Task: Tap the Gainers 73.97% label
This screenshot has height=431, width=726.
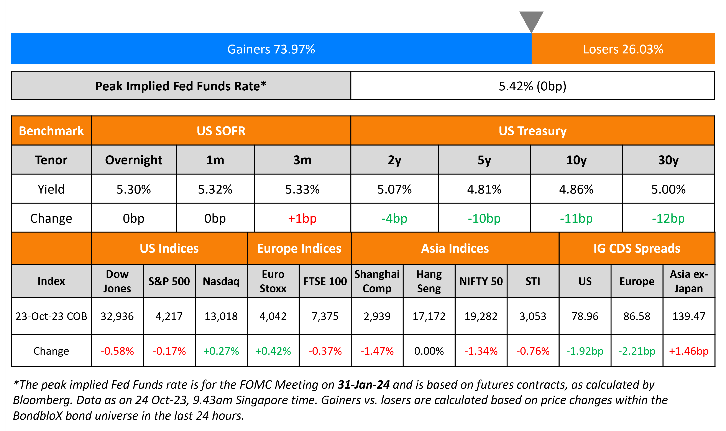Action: (x=271, y=49)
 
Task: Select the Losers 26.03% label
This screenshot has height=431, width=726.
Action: (x=623, y=49)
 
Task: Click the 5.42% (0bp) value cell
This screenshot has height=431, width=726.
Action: (x=532, y=86)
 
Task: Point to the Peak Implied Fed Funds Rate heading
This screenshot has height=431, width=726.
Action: (x=180, y=86)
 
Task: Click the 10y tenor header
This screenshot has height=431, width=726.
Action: (x=576, y=160)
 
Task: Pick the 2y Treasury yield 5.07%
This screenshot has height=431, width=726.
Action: (x=394, y=189)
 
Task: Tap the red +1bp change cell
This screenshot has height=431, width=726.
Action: (x=302, y=218)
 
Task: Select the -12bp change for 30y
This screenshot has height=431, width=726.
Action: (x=668, y=218)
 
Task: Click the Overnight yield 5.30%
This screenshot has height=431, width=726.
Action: (x=133, y=189)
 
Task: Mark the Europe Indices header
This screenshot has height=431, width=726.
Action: (x=299, y=249)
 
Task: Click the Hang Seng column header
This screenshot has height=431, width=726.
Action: (x=429, y=281)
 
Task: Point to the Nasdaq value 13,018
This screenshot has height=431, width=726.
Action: (x=221, y=316)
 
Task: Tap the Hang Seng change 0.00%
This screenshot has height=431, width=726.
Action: (x=429, y=351)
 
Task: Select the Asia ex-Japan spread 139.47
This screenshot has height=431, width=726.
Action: (x=689, y=316)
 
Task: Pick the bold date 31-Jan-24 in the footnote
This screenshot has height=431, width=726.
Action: (x=363, y=385)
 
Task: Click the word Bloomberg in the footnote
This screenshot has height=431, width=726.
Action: (x=42, y=400)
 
